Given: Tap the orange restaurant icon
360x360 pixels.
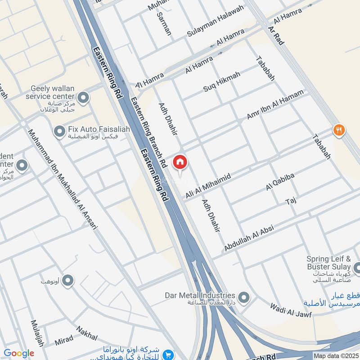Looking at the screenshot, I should click(x=339, y=130).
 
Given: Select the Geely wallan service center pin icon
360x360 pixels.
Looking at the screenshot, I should click(x=83, y=97).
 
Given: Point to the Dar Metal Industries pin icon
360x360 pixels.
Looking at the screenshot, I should click(x=243, y=297).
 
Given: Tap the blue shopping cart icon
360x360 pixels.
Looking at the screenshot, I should click(x=169, y=355).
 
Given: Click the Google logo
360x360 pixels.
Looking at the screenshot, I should click(x=19, y=353).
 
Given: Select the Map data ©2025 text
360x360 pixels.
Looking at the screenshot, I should click(x=335, y=355).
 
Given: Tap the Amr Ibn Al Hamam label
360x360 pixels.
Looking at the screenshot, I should click(x=275, y=104).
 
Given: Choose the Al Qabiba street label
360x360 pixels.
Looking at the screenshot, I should click(x=280, y=182).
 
